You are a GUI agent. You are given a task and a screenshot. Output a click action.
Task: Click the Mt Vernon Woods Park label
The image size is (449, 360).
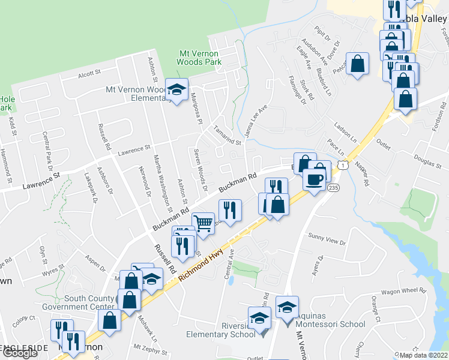200,58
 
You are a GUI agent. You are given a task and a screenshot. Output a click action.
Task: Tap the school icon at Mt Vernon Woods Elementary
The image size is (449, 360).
176,90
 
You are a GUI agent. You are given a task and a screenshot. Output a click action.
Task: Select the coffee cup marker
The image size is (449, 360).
313,179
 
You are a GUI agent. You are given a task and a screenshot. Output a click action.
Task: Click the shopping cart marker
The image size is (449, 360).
203,224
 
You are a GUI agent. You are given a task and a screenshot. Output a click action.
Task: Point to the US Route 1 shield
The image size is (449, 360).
343,163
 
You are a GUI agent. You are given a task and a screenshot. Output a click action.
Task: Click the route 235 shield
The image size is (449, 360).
334,188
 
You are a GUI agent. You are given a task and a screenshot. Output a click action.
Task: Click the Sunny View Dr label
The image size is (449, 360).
327,242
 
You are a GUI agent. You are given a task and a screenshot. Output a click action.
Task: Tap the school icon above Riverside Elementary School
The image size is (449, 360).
259,317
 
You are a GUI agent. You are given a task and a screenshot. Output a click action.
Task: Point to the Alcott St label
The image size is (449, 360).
89,74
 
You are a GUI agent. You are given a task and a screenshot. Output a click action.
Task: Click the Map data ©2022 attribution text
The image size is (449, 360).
424,355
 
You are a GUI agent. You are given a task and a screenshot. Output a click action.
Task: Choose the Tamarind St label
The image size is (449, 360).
227,136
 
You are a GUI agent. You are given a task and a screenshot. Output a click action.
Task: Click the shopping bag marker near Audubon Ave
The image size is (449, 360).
358,65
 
